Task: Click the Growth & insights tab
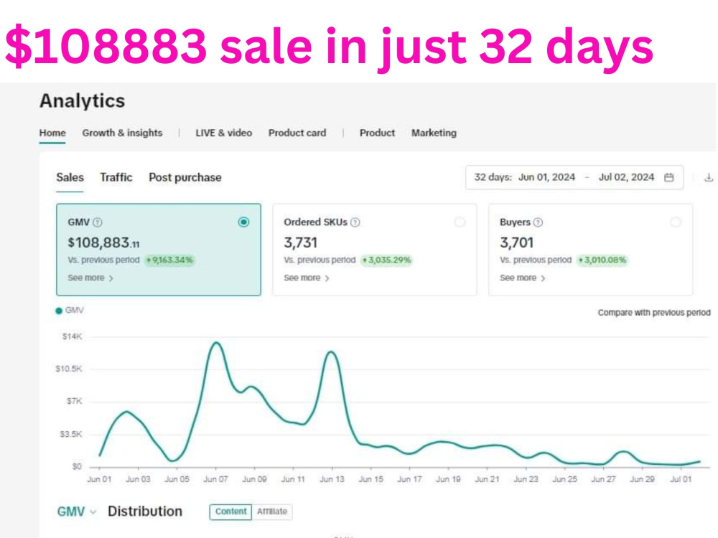122,133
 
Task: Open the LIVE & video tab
223,133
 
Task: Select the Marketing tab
434,133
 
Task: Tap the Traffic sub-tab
116,177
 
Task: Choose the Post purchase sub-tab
185,177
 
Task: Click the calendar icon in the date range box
669,177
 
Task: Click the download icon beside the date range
709,177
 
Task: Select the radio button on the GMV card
243,222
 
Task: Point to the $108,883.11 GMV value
103,242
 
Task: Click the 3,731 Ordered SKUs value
300,242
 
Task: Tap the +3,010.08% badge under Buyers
602,260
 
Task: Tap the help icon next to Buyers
538,222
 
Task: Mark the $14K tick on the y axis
72,336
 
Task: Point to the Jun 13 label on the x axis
332,479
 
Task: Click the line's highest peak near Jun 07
216,342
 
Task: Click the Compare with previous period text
654,313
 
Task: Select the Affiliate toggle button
272,511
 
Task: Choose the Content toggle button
230,511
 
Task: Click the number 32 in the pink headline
505,46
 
